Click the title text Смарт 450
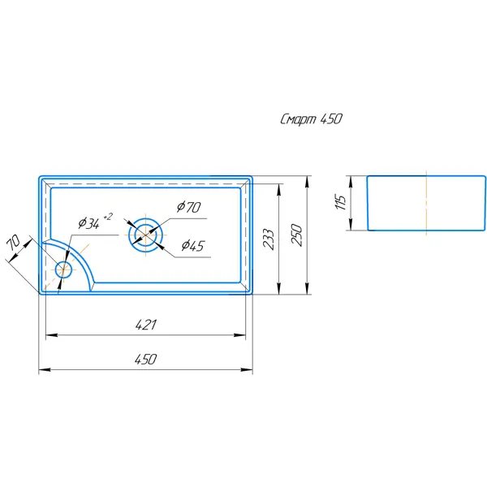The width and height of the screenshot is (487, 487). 311,119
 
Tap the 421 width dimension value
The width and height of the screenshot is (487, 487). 146,325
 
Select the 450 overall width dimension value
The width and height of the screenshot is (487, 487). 145,360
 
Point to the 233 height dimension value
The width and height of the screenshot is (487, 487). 269,239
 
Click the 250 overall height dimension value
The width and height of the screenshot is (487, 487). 297,235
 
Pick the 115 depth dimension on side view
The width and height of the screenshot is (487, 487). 341,202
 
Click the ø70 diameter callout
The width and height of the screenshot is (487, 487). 189,207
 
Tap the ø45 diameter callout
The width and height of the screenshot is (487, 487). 193,246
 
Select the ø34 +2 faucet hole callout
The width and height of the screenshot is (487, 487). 95,221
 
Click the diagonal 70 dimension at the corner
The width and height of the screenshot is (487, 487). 14,243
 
